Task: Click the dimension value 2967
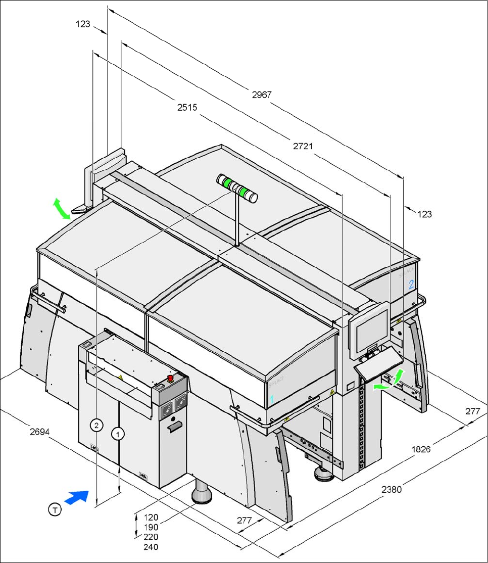pyautogui.click(x=262, y=95)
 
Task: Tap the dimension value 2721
pyautogui.click(x=303, y=146)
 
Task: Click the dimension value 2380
pyautogui.click(x=392, y=489)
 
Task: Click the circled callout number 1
pyautogui.click(x=118, y=434)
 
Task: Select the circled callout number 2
pyautogui.click(x=96, y=425)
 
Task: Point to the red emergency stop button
pyautogui.click(x=171, y=378)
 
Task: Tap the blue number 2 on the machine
pyautogui.click(x=411, y=284)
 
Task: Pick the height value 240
pyautogui.click(x=151, y=547)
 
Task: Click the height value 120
pyautogui.click(x=151, y=518)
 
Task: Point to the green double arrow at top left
pyautogui.click(x=62, y=209)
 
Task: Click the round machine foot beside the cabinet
pyautogui.click(x=203, y=493)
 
